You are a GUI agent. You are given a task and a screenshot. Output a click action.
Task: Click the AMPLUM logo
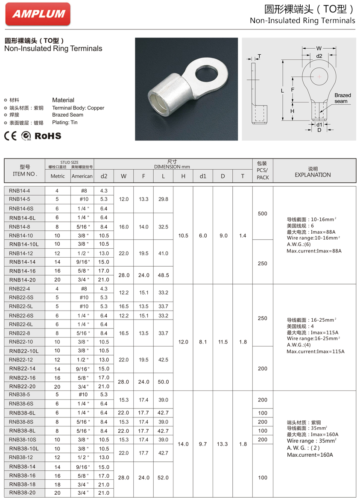pyautogui.click(x=38, y=14)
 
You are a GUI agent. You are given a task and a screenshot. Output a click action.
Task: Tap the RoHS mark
pyautogui.click(x=48, y=136)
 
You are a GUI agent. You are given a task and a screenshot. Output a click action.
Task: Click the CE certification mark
pyautogui.click(x=10, y=136)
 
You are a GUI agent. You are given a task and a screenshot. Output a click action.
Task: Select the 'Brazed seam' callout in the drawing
pyautogui.click(x=342, y=98)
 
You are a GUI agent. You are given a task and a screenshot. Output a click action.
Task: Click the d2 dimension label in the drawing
pyautogui.click(x=319, y=56)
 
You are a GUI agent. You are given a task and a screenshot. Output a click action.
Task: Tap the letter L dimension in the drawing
pyautogui.click(x=282, y=91)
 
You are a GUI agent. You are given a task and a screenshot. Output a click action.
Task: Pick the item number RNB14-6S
pyautogui.click(x=22, y=208)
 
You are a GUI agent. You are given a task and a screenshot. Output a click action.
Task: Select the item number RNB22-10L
pyautogui.click(x=24, y=351)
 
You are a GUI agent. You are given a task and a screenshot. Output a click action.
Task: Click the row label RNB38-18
pyautogui.click(x=22, y=484)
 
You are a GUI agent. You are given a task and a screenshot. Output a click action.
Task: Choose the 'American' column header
pyautogui.click(x=82, y=176)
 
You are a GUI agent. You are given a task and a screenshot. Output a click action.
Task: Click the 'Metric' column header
pyautogui.click(x=58, y=176)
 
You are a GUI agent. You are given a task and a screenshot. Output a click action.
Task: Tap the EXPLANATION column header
pyautogui.click(x=313, y=175)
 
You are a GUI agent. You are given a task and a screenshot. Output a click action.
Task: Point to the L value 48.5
pyautogui.click(x=163, y=275)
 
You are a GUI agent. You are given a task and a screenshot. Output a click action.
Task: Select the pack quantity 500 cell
pyautogui.click(x=263, y=214)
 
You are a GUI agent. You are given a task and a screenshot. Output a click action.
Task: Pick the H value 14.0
pyautogui.click(x=183, y=444)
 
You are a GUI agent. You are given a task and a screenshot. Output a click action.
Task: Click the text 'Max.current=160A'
pyautogui.click(x=310, y=455)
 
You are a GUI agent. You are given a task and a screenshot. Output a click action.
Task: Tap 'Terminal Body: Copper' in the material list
pyautogui.click(x=78, y=108)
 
